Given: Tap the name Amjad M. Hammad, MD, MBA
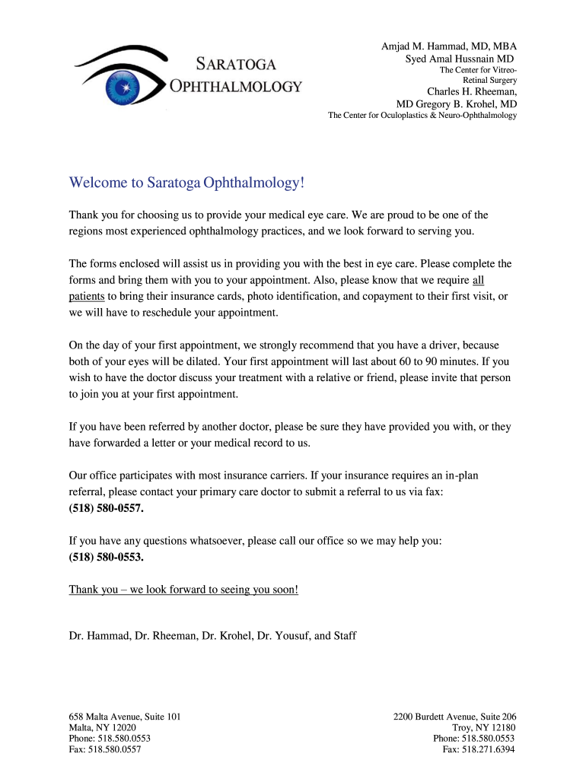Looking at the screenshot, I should click(449, 46).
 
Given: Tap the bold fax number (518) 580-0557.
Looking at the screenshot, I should click(106, 507).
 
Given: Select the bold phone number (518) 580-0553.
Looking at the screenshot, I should click(106, 556).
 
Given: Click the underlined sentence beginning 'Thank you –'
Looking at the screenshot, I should click(183, 590).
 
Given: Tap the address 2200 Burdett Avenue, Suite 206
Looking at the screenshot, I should click(455, 717).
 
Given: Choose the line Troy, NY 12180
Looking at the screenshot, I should click(483, 727).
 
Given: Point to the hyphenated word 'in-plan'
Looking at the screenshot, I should click(456, 475).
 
